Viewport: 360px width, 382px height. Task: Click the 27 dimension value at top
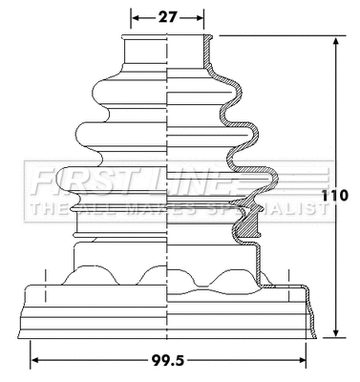tap(167, 17)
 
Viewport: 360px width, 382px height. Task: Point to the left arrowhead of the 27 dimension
tap(135, 17)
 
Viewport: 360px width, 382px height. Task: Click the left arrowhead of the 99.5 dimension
tap(36, 361)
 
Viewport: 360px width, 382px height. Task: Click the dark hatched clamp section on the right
tap(249, 223)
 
